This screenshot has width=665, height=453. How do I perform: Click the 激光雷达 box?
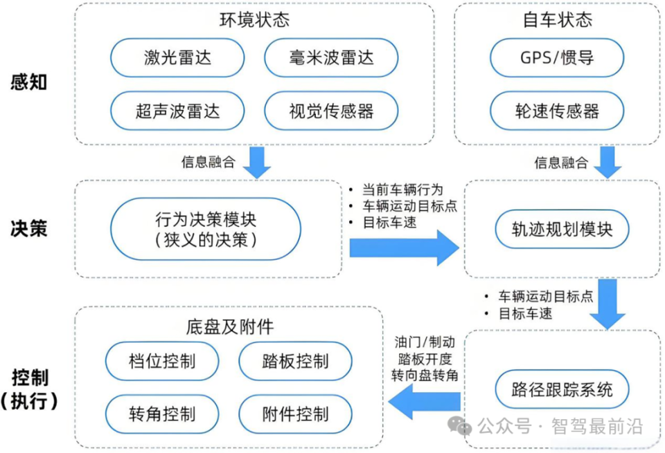tap(177, 57)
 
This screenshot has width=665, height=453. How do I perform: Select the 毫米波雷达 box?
tap(331, 57)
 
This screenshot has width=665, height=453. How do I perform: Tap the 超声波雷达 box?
tap(177, 111)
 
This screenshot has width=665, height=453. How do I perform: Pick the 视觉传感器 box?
tap(331, 111)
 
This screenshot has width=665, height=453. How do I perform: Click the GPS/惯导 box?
tap(557, 57)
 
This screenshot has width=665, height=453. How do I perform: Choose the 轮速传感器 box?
tap(557, 111)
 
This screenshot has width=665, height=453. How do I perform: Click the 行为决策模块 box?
tap(206, 229)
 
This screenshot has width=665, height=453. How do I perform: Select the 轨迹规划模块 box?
tap(562, 229)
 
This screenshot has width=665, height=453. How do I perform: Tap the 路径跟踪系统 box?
tap(562, 389)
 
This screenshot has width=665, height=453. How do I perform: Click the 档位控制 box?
tap(162, 361)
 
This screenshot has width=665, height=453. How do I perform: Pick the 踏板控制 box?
tap(295, 361)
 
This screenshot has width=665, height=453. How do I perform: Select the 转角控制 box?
tap(162, 414)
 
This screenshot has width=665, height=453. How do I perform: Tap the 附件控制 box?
tap(295, 414)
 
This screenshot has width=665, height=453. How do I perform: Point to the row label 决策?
tap(29, 229)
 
